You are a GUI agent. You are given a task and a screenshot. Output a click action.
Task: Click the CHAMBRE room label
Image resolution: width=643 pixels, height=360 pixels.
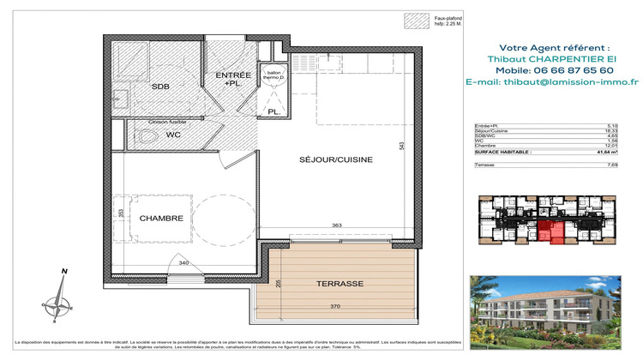click(162, 219)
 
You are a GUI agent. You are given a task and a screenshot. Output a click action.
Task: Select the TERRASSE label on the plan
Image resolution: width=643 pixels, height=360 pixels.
click(340, 283)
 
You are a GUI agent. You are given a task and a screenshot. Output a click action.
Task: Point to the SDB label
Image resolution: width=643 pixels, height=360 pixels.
click(160, 87)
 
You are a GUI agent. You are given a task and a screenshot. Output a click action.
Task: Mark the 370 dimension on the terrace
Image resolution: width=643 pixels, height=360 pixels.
click(341, 306)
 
